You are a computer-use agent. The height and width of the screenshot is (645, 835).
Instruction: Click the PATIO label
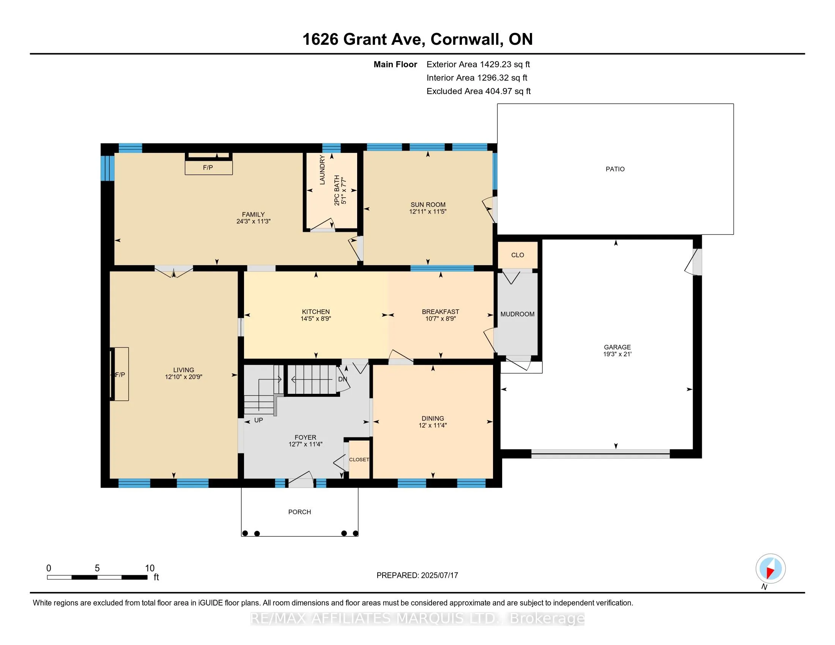point(615,169)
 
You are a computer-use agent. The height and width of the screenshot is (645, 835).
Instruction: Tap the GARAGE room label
point(617,347)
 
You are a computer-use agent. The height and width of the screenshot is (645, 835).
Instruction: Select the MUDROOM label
point(517,314)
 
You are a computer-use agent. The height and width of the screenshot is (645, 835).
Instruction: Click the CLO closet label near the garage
point(518,255)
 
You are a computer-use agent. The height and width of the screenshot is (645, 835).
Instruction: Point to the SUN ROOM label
point(428,205)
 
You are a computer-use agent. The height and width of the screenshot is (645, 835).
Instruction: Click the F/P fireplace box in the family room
point(208,167)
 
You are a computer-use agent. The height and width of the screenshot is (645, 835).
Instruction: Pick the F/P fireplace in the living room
point(120,374)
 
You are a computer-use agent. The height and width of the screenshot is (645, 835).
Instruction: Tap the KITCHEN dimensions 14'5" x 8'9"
point(315,318)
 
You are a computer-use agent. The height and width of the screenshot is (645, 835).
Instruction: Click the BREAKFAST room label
point(440,312)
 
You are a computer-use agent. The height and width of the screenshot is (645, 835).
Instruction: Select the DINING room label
point(433,418)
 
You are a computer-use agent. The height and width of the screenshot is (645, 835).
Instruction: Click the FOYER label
point(305,437)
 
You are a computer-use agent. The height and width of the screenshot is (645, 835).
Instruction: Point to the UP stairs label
point(258,420)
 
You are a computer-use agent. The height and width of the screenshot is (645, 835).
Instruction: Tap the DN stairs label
point(343,379)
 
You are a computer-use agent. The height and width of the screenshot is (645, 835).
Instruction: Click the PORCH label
point(299,512)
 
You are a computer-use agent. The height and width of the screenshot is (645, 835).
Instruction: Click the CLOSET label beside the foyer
point(359,459)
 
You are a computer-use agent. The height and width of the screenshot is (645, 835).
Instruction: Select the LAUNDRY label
point(322,170)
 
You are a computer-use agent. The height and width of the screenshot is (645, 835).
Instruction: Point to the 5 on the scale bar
point(97,568)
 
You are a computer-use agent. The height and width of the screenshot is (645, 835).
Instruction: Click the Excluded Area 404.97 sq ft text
point(479,91)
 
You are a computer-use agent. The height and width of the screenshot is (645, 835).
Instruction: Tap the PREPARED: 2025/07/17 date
point(417,575)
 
